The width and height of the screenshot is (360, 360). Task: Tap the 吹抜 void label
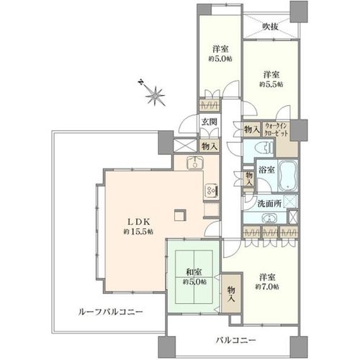270,27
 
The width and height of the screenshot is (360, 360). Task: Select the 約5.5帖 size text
271,84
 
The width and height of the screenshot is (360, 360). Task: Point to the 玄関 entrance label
209,122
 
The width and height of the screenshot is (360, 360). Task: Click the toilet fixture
267,147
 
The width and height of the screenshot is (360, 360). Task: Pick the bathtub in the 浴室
287,175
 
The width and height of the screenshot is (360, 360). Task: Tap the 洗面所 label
269,204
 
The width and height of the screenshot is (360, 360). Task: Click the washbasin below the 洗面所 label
269,218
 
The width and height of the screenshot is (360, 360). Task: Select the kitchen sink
194,163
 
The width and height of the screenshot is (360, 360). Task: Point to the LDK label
138,222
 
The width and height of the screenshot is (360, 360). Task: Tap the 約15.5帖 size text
138,232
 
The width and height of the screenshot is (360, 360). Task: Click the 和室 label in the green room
194,272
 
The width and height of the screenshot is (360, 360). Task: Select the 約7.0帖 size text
267,287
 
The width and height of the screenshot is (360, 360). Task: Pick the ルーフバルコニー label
110,312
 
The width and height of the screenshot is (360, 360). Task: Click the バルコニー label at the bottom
235,340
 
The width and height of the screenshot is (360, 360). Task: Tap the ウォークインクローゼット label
275,130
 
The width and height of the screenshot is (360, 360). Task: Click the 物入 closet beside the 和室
231,293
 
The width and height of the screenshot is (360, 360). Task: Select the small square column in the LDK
180,215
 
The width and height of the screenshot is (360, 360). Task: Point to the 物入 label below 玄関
210,146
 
